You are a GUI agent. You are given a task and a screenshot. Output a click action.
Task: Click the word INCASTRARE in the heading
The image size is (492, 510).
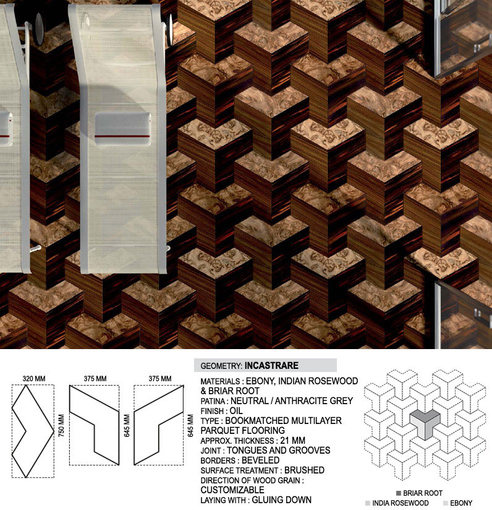tap(271, 366)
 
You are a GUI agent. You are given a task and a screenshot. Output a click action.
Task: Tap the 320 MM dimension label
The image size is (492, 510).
tap(34, 379)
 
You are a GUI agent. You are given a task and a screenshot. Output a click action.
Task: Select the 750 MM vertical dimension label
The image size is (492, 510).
tap(61, 425)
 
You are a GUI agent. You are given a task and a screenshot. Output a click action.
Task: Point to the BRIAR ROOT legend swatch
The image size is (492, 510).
tap(399, 493)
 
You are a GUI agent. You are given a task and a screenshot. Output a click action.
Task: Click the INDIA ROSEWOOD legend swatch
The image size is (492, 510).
tap(368, 503)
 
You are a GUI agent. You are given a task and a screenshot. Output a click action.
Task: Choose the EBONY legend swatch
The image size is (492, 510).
tap(445, 503)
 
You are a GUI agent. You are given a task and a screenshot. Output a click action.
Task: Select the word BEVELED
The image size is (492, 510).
tap(260, 460)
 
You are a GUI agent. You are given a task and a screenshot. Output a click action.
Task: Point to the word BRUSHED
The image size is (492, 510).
tap(304, 470)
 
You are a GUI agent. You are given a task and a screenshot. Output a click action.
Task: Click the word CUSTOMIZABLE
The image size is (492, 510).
tap(232, 490)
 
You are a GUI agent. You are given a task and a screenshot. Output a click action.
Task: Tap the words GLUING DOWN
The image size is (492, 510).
tap(282, 500)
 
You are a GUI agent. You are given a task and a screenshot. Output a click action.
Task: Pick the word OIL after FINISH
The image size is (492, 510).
tap(236, 411)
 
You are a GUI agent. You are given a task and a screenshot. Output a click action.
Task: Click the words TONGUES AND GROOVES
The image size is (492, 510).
tap(278, 451)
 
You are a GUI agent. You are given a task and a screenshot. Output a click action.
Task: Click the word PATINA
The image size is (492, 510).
tap(213, 401)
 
